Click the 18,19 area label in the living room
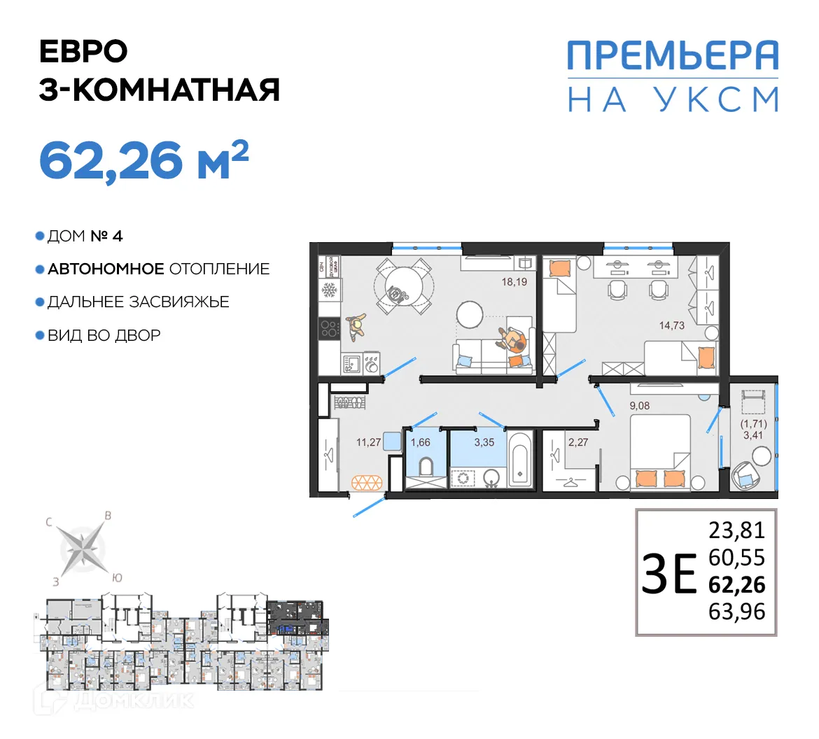514,282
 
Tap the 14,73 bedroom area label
671,325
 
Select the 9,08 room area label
639,406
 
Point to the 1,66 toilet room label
420,442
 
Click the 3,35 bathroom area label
484,442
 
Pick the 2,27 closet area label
578,442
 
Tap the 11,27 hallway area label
368,442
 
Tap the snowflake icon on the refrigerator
328,290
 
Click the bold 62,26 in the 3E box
736,584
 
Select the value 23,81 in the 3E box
736,530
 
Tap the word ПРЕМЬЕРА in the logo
672,55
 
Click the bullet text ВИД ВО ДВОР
104,335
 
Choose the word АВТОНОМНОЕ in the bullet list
106,269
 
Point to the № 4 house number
106,236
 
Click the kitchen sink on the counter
351,363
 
